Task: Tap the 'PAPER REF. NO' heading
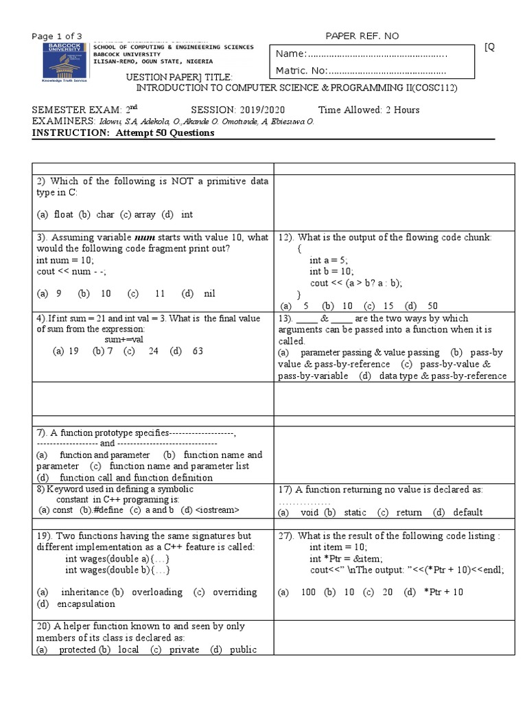361,36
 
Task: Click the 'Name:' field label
289,54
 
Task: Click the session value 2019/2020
261,111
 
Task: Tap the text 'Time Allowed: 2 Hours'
368,111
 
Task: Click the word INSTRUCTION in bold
65,133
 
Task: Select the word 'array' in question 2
145,214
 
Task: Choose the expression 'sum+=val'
124,339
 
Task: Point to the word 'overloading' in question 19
157,592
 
